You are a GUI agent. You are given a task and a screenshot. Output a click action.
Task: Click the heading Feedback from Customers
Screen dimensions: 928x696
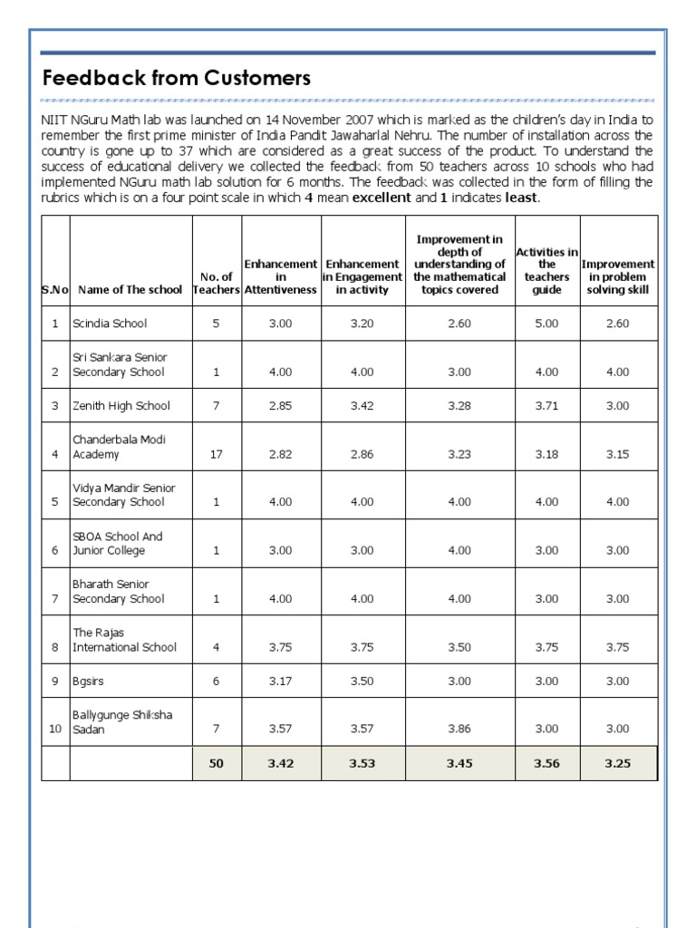pyautogui.click(x=177, y=79)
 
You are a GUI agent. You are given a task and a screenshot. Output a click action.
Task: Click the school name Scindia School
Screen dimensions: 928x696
pyautogui.click(x=110, y=324)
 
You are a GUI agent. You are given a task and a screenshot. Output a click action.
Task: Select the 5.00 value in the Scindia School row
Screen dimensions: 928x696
pyautogui.click(x=546, y=324)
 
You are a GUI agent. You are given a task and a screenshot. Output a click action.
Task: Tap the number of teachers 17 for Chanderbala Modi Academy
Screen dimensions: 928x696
pyautogui.click(x=216, y=454)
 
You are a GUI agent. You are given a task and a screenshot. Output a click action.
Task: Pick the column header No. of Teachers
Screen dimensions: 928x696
pyautogui.click(x=216, y=283)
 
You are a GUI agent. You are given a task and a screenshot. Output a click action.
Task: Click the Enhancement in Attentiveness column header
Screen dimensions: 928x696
pyautogui.click(x=280, y=276)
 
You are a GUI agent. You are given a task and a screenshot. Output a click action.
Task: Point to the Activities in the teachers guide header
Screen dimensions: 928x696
pyautogui.click(x=546, y=270)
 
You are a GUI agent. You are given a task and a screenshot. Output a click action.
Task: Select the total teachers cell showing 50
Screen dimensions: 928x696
pyautogui.click(x=216, y=763)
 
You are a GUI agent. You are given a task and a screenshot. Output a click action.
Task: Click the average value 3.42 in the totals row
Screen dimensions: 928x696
pyautogui.click(x=280, y=763)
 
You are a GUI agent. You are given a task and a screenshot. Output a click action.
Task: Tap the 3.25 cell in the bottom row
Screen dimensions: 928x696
pyautogui.click(x=617, y=763)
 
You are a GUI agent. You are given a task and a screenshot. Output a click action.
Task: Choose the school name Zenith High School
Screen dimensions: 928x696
pyautogui.click(x=121, y=406)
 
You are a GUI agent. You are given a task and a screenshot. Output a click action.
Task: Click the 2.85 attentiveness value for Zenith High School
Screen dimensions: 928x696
pyautogui.click(x=280, y=406)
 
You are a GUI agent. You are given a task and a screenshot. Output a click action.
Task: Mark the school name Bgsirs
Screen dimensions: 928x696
pyautogui.click(x=90, y=681)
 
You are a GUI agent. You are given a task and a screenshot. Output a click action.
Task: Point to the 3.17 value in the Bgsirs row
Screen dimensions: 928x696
pyautogui.click(x=280, y=681)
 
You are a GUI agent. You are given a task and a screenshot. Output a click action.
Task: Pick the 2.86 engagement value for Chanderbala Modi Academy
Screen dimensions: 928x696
pyautogui.click(x=362, y=454)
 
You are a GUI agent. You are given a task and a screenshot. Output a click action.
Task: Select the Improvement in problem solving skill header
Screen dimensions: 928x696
pyautogui.click(x=617, y=276)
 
